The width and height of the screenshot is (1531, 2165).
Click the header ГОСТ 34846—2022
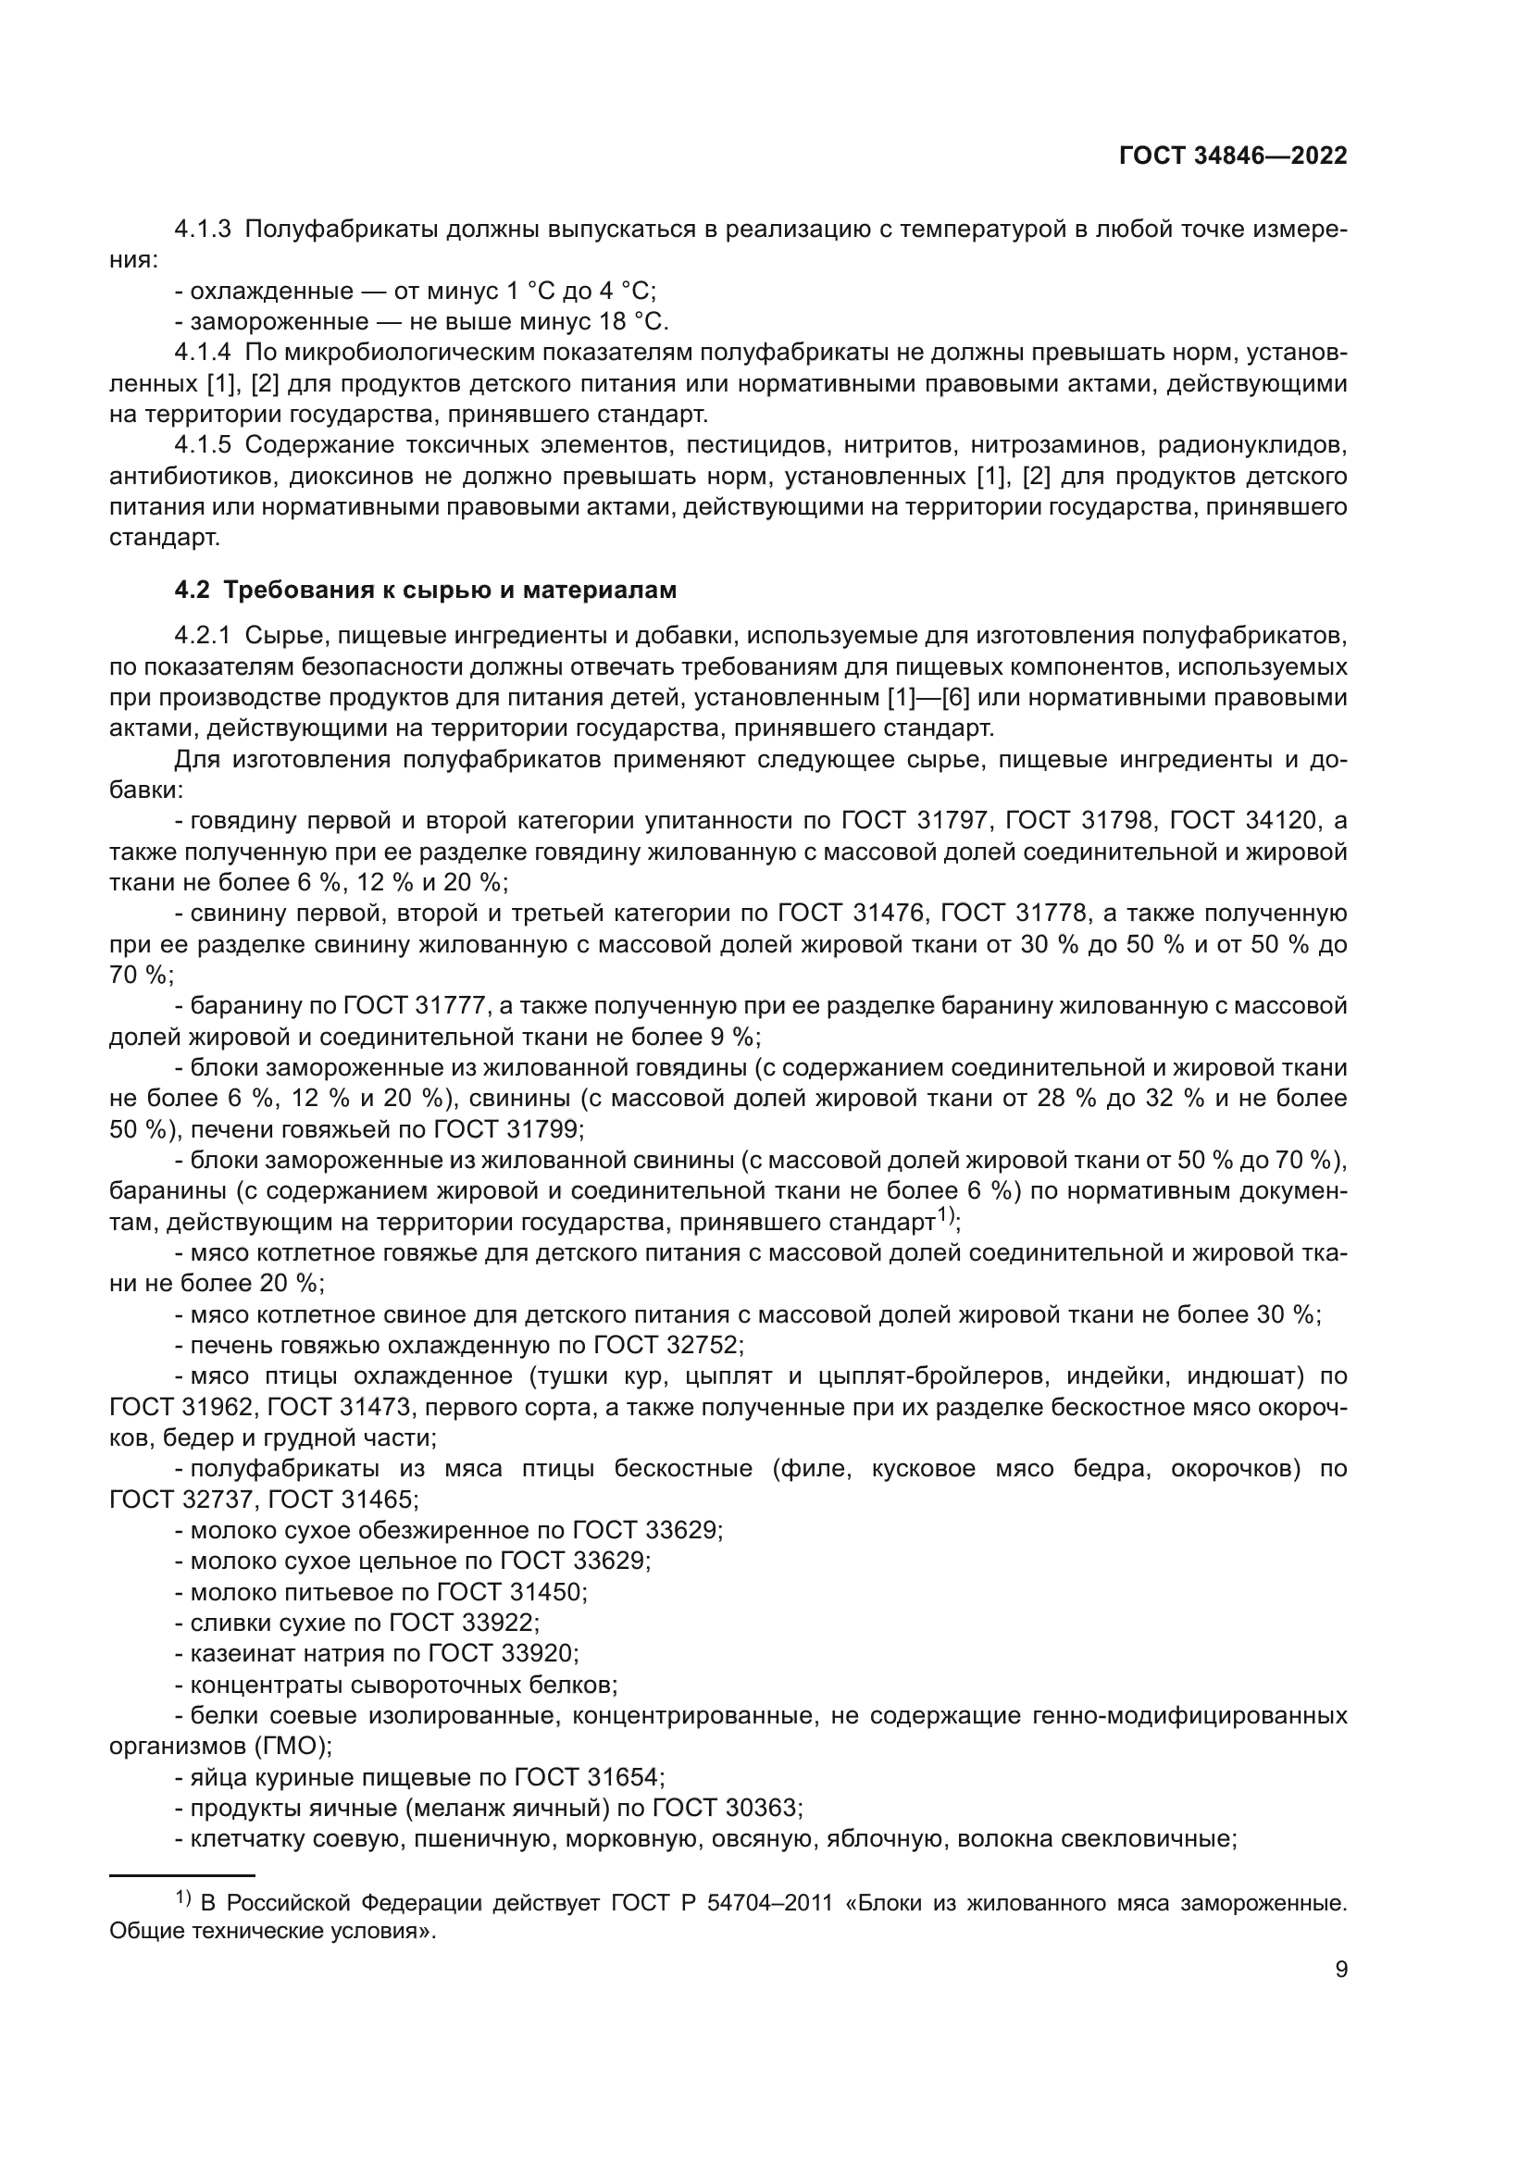pyautogui.click(x=1232, y=156)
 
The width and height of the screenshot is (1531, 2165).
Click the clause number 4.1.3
pyautogui.click(x=203, y=230)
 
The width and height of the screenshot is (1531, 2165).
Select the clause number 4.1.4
pyautogui.click(x=203, y=354)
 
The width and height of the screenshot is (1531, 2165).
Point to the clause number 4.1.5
pyautogui.click(x=203, y=445)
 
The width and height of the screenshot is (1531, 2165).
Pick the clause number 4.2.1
pyautogui.click(x=203, y=637)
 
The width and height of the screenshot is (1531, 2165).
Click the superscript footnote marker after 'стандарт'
pyautogui.click(x=947, y=1215)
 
